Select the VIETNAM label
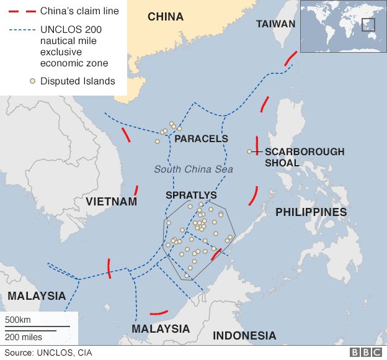tap(112, 202)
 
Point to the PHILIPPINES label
tap(311, 212)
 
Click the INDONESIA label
tap(244, 336)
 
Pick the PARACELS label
tap(202, 139)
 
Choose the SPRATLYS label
tap(191, 195)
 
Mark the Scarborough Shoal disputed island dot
tap(249, 151)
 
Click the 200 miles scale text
tap(24, 337)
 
